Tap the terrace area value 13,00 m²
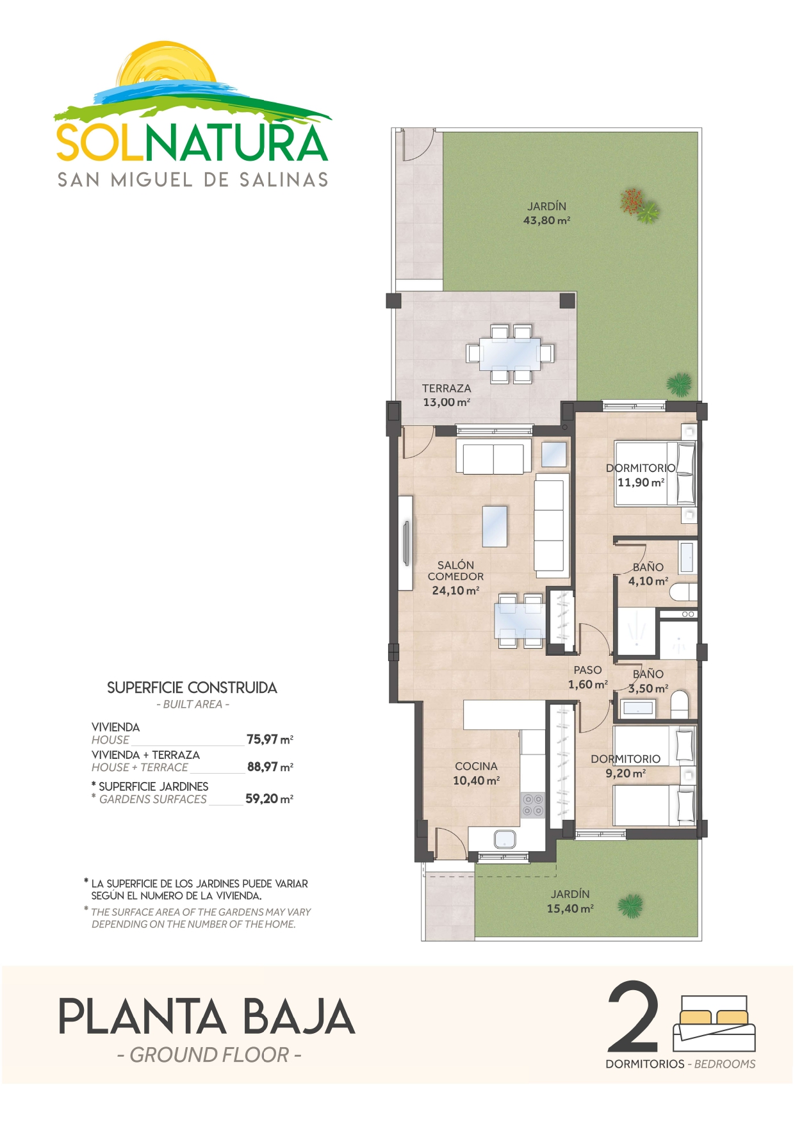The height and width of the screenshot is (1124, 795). coord(447,402)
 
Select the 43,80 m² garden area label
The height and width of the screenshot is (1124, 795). coord(546,220)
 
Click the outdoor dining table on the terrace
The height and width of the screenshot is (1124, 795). coord(510,354)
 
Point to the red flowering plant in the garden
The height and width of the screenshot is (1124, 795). coord(632,200)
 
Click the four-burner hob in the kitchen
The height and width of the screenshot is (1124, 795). coord(532,804)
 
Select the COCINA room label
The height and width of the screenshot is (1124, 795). coord(476,766)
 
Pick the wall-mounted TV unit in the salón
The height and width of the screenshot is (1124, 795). coord(406,543)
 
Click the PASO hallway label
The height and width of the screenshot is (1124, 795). coord(587,670)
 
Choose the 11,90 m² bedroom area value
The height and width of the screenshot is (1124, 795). coord(641,482)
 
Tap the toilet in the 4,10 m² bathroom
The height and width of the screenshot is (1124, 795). coord(683,592)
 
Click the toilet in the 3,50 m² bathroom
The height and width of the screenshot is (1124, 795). coord(680,704)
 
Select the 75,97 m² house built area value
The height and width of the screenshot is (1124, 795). coord(270,739)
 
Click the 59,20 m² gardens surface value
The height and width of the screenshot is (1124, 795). coord(269,799)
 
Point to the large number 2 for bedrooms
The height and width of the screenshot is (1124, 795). coord(633,1018)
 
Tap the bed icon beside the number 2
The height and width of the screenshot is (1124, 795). coord(714,1023)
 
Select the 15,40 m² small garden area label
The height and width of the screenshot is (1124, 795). coord(570,908)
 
